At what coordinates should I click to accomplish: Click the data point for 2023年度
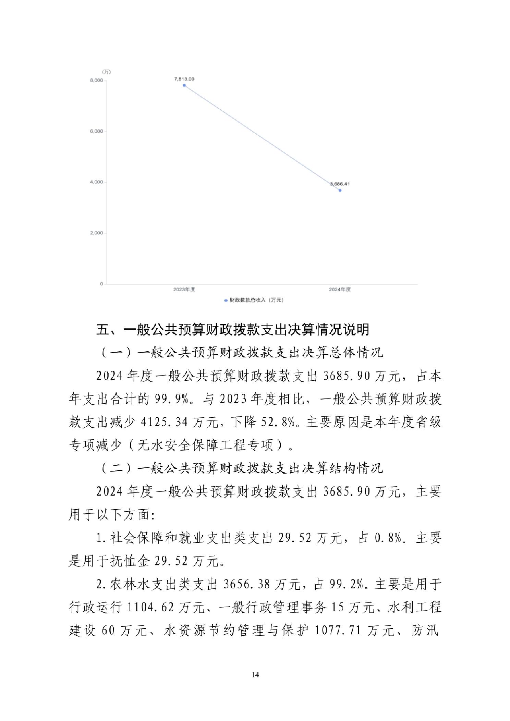184,85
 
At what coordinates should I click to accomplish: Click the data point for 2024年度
340,190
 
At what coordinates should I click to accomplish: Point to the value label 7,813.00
184,79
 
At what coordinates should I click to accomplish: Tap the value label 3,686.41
340,184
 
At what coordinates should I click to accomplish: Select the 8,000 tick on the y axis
96,81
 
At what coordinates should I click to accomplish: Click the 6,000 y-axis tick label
96,131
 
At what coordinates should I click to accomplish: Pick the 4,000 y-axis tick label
96,182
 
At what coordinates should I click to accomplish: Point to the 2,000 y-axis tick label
96,233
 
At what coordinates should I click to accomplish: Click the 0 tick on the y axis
101,284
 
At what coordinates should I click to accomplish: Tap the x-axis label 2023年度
184,290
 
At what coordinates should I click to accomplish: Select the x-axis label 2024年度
340,290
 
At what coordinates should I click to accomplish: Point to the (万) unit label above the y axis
107,72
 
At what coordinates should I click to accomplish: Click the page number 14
255,675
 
